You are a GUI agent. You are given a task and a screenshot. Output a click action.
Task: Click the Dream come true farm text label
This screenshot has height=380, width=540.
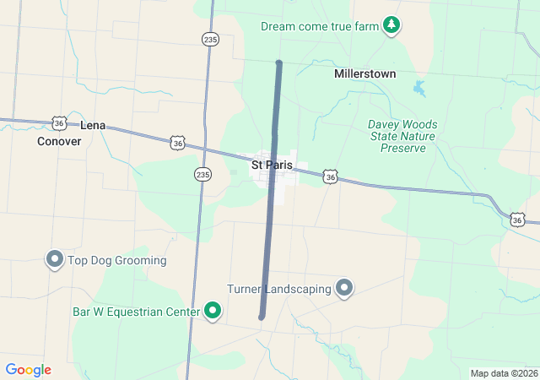coord(320,26)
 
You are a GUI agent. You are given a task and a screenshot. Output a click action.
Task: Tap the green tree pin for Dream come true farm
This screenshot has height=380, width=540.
coord(391,25)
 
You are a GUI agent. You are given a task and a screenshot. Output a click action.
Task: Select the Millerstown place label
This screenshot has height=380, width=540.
coord(364,73)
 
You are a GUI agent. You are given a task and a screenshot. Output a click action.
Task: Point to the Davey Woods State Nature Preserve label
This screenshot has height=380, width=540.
coord(402,136)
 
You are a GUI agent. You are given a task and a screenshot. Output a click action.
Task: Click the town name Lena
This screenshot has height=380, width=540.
coord(93,125)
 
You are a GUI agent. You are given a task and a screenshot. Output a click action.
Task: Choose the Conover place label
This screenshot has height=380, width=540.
coord(59,141)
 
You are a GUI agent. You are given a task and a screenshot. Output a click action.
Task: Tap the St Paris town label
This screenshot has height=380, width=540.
coord(272,165)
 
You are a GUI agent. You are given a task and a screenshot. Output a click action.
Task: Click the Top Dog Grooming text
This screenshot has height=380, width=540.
coord(117,260)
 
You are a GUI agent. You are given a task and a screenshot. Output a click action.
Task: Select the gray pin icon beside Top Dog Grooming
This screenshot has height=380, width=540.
coord(55,259)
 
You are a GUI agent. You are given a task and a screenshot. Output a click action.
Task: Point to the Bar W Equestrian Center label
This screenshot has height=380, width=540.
coord(135,312)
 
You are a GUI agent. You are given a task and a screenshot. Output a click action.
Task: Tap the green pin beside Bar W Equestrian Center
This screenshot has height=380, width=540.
coord(213,312)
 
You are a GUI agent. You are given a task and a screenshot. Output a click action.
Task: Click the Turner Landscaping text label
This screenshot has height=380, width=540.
coord(278,289)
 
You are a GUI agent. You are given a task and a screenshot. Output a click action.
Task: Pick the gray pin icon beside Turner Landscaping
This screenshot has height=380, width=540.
coord(344,289)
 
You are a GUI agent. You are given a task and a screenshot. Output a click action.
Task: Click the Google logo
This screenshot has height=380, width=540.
coord(28,370)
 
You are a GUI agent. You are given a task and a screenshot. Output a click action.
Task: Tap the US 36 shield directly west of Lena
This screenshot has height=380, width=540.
coord(58,123)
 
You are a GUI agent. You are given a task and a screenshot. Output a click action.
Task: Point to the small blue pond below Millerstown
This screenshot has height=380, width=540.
coord(419,87)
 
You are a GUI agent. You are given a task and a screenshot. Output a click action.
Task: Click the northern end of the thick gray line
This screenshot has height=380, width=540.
coord(278,63)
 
